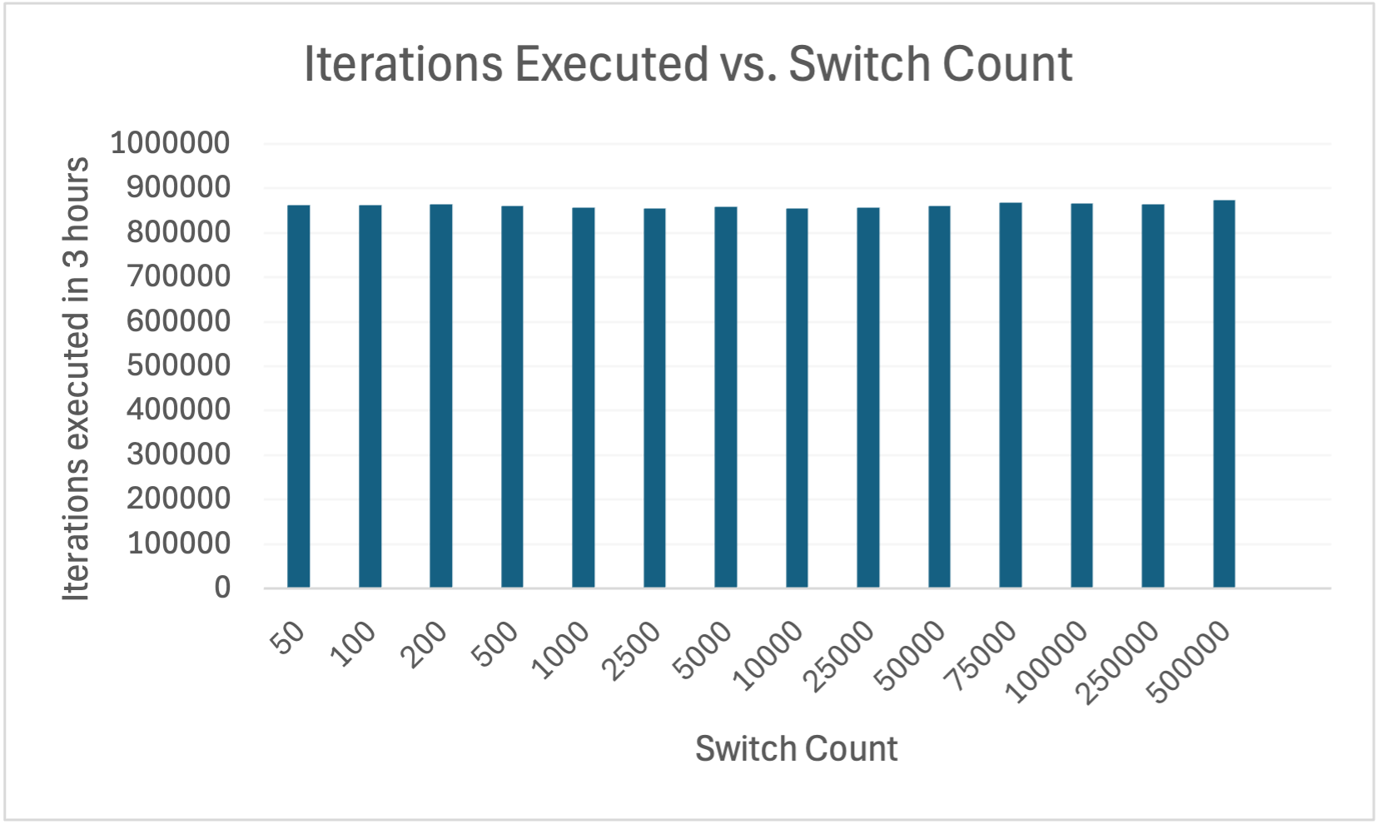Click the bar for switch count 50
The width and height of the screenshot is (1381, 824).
[x=298, y=396]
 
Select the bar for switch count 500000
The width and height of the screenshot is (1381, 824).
[x=1224, y=394]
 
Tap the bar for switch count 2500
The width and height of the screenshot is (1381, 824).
[x=654, y=398]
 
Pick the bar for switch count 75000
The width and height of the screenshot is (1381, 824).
[x=1011, y=395]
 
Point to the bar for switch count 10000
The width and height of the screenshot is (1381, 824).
[x=797, y=398]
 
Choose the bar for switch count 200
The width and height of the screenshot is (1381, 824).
[x=440, y=396]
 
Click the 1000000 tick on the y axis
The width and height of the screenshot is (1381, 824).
[x=170, y=143]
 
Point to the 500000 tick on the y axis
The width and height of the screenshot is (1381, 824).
[x=178, y=365]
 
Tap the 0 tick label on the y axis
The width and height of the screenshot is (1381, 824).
[x=222, y=588]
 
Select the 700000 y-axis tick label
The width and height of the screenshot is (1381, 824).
[x=178, y=276]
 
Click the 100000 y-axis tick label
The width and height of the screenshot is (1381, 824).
[x=178, y=544]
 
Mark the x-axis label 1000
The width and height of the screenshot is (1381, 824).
[x=562, y=651]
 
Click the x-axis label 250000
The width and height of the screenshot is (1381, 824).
[x=1118, y=663]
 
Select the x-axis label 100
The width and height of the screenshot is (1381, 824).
[x=353, y=645]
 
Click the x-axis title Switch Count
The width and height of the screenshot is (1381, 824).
[x=796, y=749]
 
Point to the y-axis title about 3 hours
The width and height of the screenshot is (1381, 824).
[x=77, y=379]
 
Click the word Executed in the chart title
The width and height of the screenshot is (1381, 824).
[x=611, y=64]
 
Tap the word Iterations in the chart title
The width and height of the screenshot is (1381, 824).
[x=403, y=64]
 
